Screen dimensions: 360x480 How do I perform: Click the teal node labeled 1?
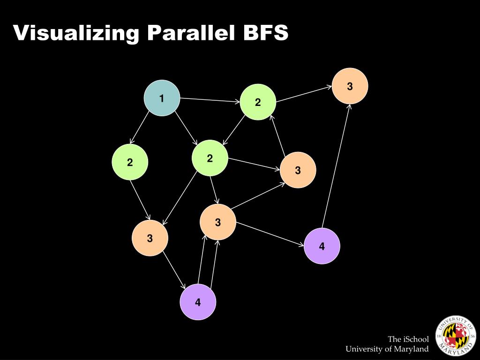coord(162,98)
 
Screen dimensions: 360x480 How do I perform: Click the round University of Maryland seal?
coord(456,336)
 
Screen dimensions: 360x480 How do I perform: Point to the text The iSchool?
coord(408,339)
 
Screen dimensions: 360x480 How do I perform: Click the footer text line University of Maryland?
coord(387,349)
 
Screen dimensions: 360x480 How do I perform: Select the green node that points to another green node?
coord(258,102)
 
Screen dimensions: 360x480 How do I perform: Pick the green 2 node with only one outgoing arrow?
coord(130,162)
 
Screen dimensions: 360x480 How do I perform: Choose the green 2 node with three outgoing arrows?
coord(210,158)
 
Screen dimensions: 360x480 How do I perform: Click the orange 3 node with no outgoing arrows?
coord(350,86)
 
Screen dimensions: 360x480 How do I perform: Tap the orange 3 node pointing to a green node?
coord(298,170)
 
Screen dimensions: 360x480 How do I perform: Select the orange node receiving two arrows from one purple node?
coord(218,222)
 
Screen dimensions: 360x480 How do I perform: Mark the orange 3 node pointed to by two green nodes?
coord(150,238)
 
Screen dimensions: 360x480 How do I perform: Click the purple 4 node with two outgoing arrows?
coord(198,302)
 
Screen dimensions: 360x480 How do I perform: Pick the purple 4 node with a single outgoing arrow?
coord(322,246)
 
